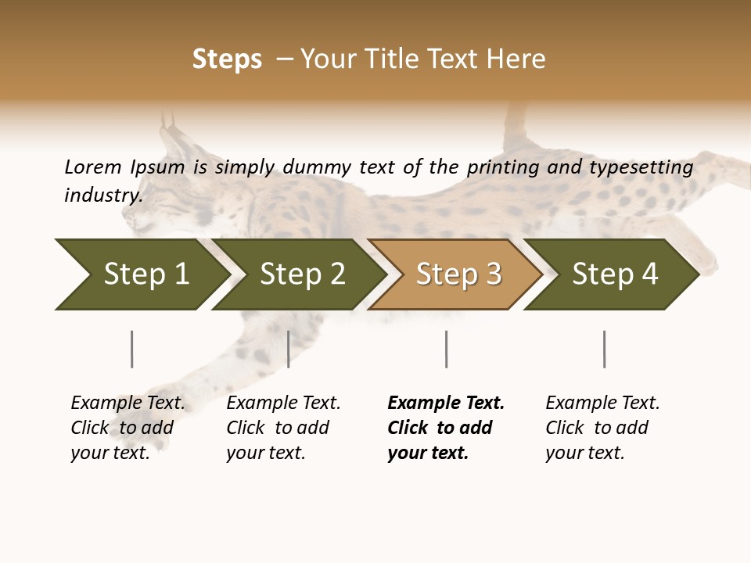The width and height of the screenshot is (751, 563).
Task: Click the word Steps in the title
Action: click(227, 59)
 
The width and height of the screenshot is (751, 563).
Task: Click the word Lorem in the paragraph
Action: click(92, 167)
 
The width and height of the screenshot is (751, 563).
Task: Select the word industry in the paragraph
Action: click(103, 195)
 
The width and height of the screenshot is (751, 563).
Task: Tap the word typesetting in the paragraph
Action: click(641, 167)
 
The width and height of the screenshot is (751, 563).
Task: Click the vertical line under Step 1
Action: click(131, 349)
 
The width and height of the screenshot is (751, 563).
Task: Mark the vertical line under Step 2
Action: click(288, 349)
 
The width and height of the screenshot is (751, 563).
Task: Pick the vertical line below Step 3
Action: click(446, 349)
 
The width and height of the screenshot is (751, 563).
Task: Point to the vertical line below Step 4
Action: click(604, 349)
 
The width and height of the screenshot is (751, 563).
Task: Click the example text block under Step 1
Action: click(128, 428)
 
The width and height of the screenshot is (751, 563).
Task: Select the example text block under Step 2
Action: click(283, 428)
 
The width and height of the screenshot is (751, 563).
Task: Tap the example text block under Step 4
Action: click(602, 428)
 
